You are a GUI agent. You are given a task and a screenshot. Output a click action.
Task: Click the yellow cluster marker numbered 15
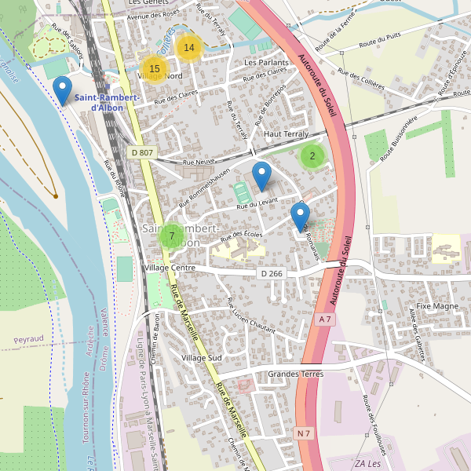[x=155, y=69]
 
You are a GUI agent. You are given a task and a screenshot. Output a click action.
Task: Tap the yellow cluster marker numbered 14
[x=188, y=48]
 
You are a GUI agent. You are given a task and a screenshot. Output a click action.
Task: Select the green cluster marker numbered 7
[x=171, y=235]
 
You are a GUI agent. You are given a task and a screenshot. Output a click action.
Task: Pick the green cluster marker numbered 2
[x=312, y=156]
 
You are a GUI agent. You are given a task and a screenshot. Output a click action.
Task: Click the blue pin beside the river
[x=61, y=90]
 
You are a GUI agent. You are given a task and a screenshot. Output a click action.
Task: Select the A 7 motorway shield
[x=326, y=319]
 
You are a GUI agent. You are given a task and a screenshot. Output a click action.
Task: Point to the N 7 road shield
[x=304, y=433]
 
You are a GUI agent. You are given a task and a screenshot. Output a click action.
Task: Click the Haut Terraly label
[x=287, y=134]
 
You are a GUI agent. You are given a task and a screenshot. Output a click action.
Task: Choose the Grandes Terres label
[x=295, y=374]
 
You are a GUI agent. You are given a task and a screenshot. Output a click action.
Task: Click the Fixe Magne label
[x=437, y=305]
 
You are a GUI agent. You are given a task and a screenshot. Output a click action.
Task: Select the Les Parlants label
[x=266, y=62]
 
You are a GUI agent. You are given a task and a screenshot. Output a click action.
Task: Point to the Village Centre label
[x=170, y=268]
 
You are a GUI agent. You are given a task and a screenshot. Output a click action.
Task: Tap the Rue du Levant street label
[x=257, y=204]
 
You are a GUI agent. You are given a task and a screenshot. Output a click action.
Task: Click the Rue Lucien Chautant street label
[x=250, y=316]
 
